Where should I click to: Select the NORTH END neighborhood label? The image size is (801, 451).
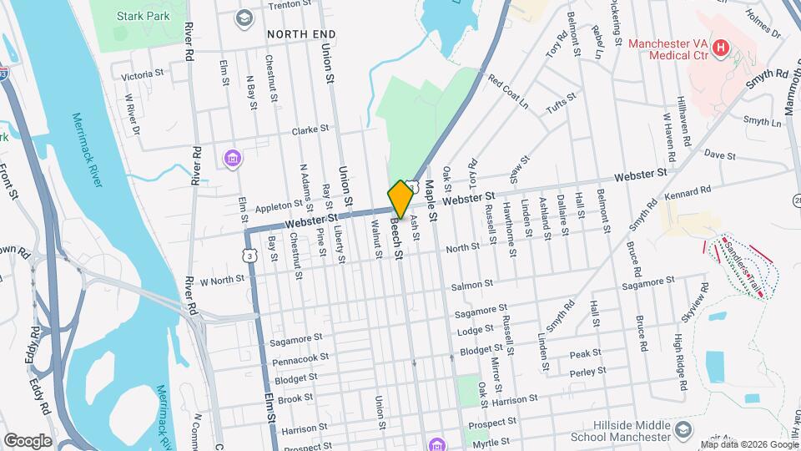pos(301,34)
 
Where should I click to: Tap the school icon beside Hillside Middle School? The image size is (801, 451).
pos(683,430)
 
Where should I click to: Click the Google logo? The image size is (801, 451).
pos(28,440)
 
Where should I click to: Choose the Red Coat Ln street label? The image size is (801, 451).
pos(509,93)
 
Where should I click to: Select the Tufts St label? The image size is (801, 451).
pos(561,104)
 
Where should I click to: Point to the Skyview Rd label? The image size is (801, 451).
pos(693,315)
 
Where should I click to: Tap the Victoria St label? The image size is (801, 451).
pos(142,75)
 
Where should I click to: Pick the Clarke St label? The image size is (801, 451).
pos(311,130)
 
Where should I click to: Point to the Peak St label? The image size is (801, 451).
pos(586,354)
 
